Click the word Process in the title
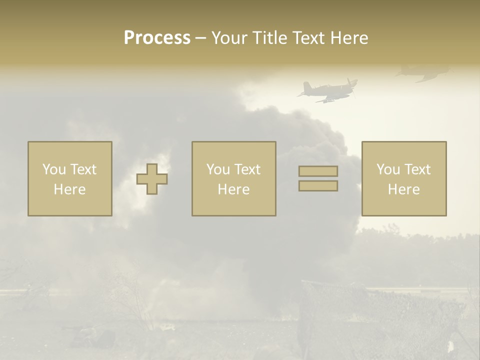[x=157, y=38]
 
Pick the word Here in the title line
[x=349, y=38]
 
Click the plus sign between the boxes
[x=152, y=179]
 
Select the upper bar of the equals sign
[x=318, y=171]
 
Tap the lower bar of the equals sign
[x=318, y=186]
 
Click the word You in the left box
[x=54, y=169]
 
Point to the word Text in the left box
[x=83, y=169]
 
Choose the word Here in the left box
[x=69, y=189]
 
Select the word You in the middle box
[x=218, y=169]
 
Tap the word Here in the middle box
[x=233, y=189]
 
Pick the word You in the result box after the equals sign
[x=388, y=169]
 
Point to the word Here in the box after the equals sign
[x=403, y=189]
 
